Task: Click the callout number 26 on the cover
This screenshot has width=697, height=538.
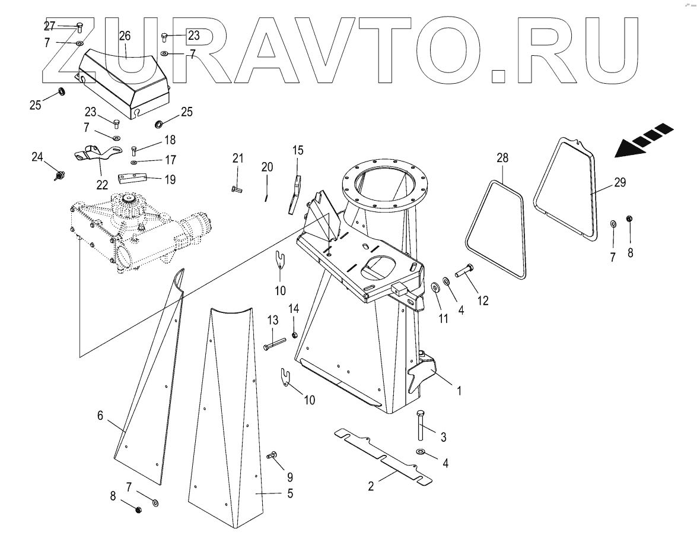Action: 125,36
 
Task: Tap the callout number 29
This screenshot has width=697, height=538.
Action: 620,183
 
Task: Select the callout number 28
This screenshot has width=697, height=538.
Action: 503,158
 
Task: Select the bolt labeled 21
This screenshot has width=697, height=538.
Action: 237,189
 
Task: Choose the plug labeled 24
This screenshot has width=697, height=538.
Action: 59,175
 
